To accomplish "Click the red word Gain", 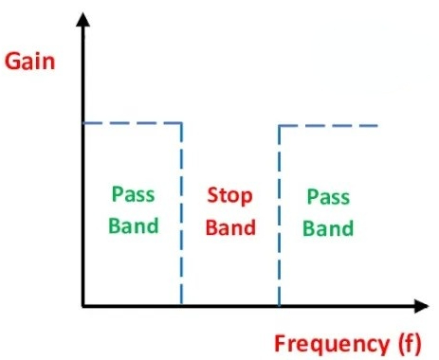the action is (x=30, y=62).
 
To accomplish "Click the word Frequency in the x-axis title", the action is (x=332, y=344).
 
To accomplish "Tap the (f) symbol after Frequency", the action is (x=411, y=343).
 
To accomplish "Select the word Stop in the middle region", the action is (x=229, y=196).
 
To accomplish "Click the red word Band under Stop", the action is (x=230, y=227).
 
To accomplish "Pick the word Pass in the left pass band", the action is (x=134, y=194).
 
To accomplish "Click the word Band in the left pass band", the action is (x=134, y=225).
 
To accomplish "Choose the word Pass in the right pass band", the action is (x=328, y=197).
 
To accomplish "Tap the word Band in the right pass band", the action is (x=328, y=228).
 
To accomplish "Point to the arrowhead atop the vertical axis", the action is (x=83, y=20).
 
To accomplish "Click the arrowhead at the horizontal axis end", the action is (x=422, y=306).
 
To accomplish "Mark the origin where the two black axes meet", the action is (x=83, y=306).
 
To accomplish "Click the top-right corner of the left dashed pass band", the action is (x=181, y=123).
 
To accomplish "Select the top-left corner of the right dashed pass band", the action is (x=279, y=126).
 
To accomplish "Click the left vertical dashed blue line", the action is (x=181, y=214).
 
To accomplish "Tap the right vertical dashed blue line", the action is (x=279, y=216).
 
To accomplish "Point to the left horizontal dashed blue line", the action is (x=132, y=123).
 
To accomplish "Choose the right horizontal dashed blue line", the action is (x=328, y=126).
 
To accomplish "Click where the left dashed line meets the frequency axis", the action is (x=181, y=306).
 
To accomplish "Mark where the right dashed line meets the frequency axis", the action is (x=279, y=306).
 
